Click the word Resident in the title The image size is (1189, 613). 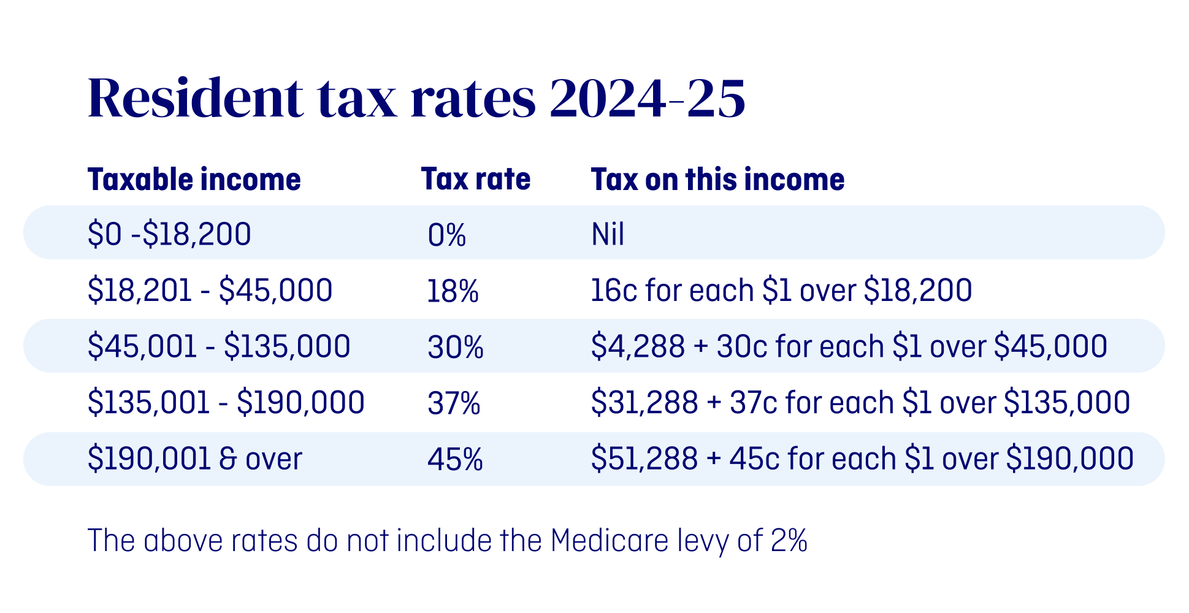click(x=195, y=98)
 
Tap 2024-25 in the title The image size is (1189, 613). click(x=647, y=98)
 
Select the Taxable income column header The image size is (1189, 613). click(x=194, y=180)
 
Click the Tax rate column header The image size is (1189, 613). click(x=475, y=180)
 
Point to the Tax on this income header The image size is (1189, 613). click(x=717, y=180)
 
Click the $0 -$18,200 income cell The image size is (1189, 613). click(x=169, y=234)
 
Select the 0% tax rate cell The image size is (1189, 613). click(x=447, y=235)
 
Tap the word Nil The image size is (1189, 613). click(x=608, y=234)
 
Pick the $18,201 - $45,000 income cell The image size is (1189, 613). click(x=210, y=291)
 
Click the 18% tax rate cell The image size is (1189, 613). click(x=453, y=291)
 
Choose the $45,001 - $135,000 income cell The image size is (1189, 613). click(x=219, y=346)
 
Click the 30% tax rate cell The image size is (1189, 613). click(x=456, y=348)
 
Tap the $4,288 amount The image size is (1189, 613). click(x=638, y=346)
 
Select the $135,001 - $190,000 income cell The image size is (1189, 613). click(x=226, y=403)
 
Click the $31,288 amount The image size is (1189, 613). click(x=644, y=403)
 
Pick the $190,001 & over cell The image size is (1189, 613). click(x=195, y=459)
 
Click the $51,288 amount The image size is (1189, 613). click(x=644, y=459)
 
